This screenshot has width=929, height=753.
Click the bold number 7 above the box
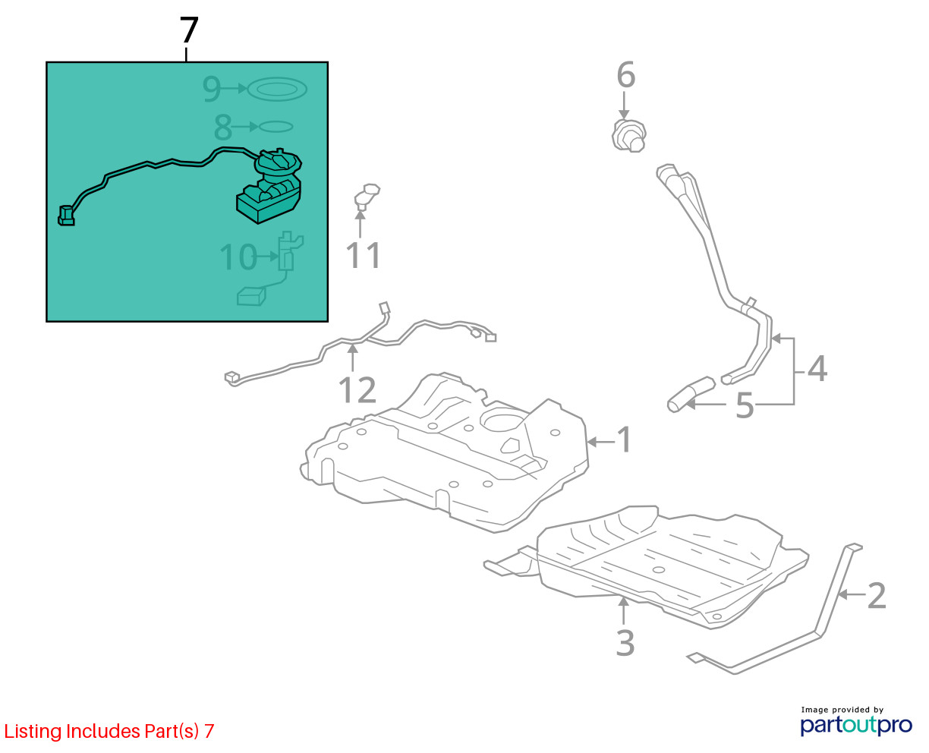pyautogui.click(x=189, y=30)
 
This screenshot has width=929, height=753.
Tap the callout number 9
pyautogui.click(x=212, y=89)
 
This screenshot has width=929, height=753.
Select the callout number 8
pyautogui.click(x=223, y=128)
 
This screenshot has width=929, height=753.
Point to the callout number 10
pyautogui.click(x=238, y=257)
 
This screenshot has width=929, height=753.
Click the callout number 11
pyautogui.click(x=364, y=255)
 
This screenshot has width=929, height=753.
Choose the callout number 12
pyautogui.click(x=357, y=390)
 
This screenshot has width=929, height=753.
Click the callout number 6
pyautogui.click(x=626, y=74)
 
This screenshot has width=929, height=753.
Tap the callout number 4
pyautogui.click(x=817, y=369)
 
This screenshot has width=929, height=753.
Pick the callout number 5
pyautogui.click(x=745, y=405)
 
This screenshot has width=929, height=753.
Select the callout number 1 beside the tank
pyautogui.click(x=625, y=440)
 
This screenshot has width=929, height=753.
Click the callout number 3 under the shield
pyautogui.click(x=625, y=643)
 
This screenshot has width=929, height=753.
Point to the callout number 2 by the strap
pyautogui.click(x=877, y=596)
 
